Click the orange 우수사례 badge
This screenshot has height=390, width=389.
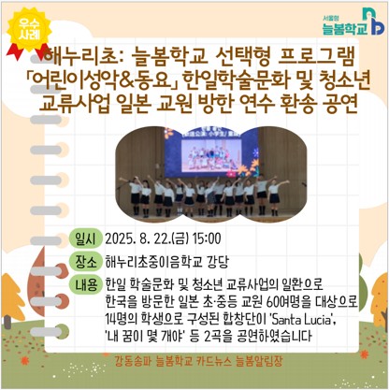click(29, 28)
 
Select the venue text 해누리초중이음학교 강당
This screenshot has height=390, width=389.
click(167, 261)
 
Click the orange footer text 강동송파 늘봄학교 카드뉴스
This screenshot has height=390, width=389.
click(170, 360)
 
